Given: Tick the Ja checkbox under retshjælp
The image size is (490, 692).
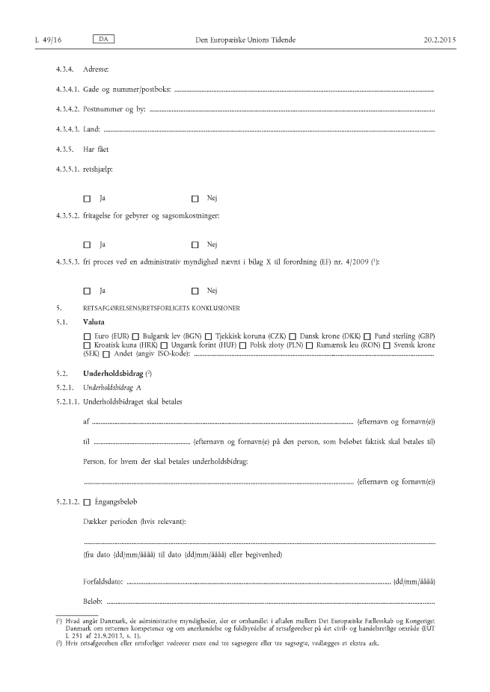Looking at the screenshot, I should coord(87,199).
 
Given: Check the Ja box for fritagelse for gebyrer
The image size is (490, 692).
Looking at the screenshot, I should coord(87,244).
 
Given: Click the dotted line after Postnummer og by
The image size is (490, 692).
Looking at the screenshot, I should coord(292,111).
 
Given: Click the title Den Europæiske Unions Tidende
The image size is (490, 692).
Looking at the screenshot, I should coord(245,38).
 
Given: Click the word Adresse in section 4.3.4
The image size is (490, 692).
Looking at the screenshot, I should coord(97,69).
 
